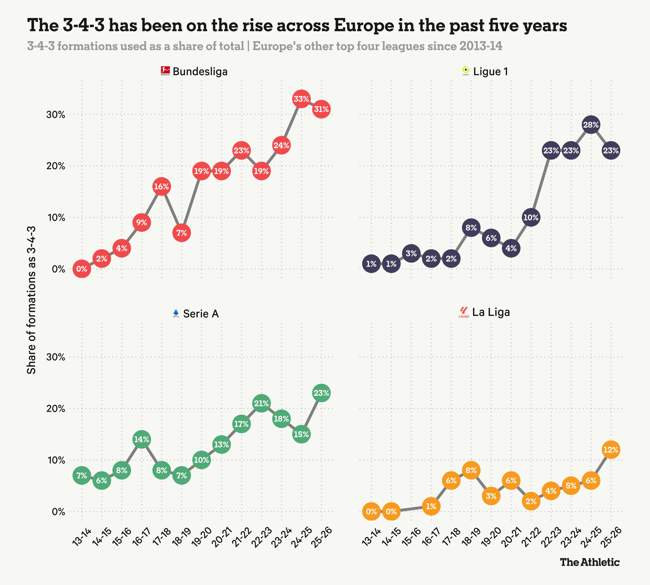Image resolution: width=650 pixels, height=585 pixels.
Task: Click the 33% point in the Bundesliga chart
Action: tap(301, 99)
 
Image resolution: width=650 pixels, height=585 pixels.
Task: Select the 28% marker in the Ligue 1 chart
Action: tap(591, 125)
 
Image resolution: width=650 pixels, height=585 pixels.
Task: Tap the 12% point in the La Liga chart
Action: tap(611, 450)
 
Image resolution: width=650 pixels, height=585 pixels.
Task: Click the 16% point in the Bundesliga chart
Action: tap(161, 186)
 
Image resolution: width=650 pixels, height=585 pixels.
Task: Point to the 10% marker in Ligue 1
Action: tap(531, 218)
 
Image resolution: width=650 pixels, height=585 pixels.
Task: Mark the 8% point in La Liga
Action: tap(471, 470)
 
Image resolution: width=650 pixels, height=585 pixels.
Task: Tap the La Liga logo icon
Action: tap(464, 312)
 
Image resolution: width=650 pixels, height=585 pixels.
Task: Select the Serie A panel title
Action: tap(201, 314)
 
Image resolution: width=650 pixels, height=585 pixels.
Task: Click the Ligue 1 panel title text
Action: tap(491, 71)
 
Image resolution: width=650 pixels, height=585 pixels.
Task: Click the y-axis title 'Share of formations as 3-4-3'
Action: tap(31, 300)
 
